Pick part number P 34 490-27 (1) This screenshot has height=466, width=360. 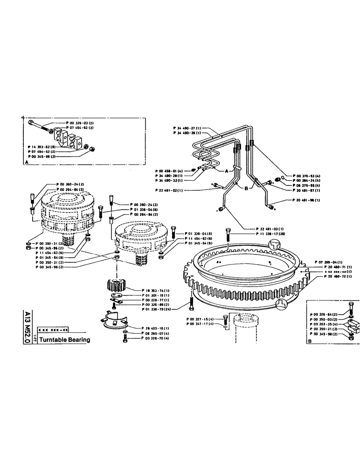point(187,128)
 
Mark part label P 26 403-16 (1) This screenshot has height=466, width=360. point(156,328)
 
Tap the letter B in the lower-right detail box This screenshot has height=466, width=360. point(309,341)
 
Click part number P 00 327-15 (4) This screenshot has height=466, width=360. point(200,319)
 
